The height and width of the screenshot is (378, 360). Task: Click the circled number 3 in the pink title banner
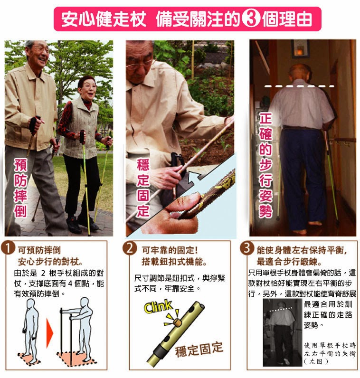pyautogui.click(x=251, y=19)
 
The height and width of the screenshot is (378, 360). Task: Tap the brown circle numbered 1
pyautogui.click(x=9, y=248)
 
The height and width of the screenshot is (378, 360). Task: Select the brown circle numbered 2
pyautogui.click(x=130, y=248)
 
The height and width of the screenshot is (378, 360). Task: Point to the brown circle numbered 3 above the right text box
pyautogui.click(x=247, y=247)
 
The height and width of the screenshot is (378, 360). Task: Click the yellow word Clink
pyautogui.click(x=158, y=306)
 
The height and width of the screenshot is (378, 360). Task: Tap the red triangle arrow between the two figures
pyautogui.click(x=49, y=333)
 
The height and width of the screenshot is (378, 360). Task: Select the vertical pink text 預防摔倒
pyautogui.click(x=20, y=188)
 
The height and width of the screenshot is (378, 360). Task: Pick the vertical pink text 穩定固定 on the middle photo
pyautogui.click(x=143, y=188)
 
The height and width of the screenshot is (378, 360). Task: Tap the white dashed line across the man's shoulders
pyautogui.click(x=299, y=86)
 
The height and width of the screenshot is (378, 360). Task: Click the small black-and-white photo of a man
pyautogui.click(x=283, y=333)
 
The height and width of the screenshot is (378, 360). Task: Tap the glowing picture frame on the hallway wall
pyautogui.click(x=300, y=49)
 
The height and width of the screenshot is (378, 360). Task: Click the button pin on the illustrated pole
pyautogui.click(x=178, y=322)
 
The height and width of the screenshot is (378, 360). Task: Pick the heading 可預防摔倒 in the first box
pyautogui.click(x=39, y=250)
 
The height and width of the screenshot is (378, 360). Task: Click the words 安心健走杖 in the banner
pyautogui.click(x=104, y=19)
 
